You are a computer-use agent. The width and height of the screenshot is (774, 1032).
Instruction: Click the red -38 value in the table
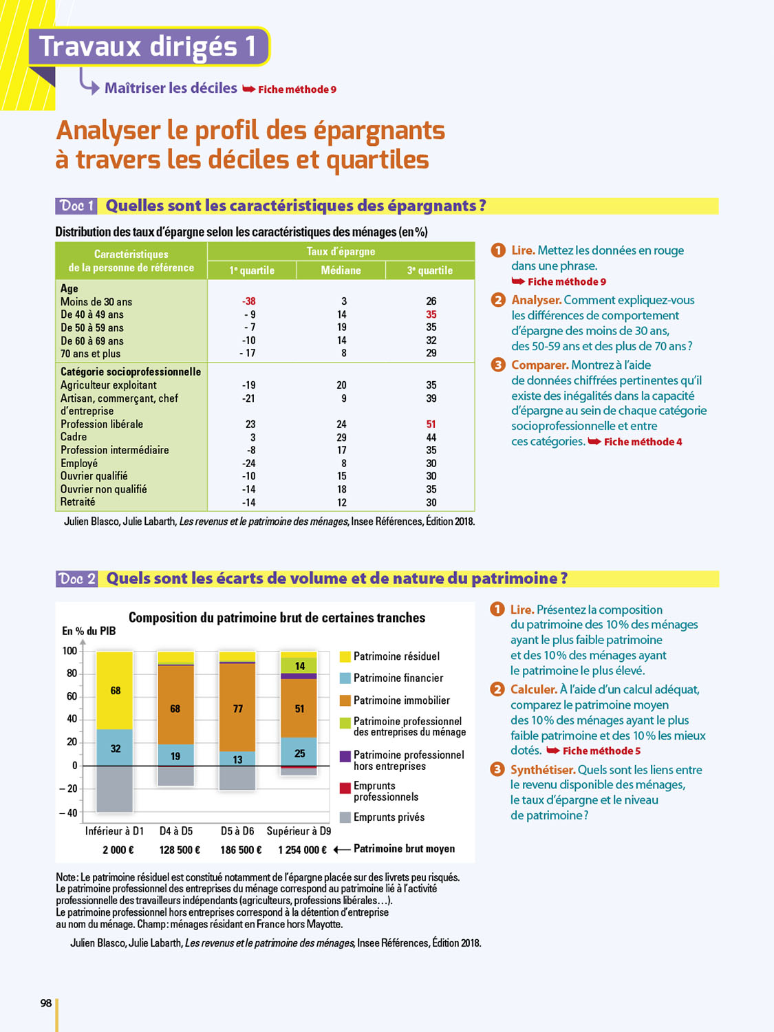pos(249,301)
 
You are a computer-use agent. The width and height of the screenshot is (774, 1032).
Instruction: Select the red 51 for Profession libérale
pos(431,424)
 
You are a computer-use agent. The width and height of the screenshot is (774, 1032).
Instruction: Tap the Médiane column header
pos(341,270)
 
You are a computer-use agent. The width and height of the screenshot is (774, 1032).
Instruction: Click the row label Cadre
pos(74,437)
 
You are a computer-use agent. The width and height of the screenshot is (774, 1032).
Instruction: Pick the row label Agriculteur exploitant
pos(109,385)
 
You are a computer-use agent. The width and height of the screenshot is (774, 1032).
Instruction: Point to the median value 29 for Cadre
pos(342,438)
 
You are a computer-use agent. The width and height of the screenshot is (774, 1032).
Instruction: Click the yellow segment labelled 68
pos(115,690)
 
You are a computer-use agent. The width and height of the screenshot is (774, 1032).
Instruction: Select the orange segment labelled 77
pos(237,708)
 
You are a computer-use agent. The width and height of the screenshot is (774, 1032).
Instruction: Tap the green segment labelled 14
pos(299,665)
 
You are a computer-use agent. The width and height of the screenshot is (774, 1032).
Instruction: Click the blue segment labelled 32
pos(115,748)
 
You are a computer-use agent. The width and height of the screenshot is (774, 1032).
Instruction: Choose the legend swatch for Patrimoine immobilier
pos(345,700)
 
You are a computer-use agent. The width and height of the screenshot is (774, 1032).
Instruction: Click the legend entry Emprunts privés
pos(389,817)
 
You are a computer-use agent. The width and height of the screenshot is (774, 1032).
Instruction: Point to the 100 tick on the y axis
pos(69,651)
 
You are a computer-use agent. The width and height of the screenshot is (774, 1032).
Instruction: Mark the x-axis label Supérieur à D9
pos(299,831)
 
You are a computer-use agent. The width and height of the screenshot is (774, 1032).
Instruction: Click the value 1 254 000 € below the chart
pos(302,850)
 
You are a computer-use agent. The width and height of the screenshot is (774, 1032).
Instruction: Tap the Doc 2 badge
pos(76,579)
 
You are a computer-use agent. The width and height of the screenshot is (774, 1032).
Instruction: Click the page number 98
pos(46,1003)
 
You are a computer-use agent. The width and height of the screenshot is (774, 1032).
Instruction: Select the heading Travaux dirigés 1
pos(148,46)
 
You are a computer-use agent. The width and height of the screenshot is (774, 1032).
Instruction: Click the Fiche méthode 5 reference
pos(601,751)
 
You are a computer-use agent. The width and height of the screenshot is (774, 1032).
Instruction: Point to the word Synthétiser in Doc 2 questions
pos(542,770)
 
